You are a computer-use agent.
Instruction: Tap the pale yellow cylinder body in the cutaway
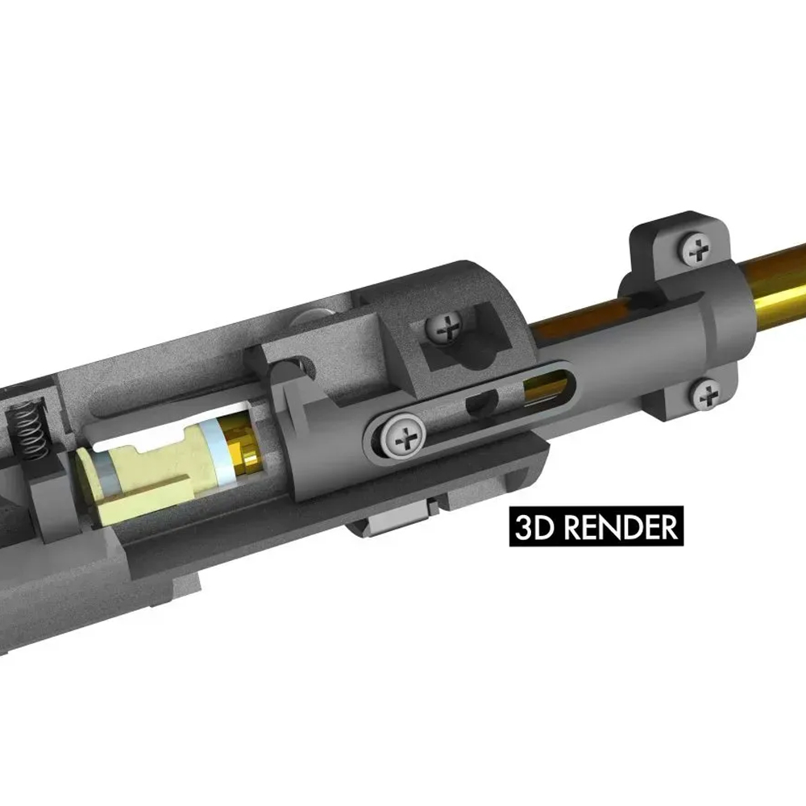pos(153,476)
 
